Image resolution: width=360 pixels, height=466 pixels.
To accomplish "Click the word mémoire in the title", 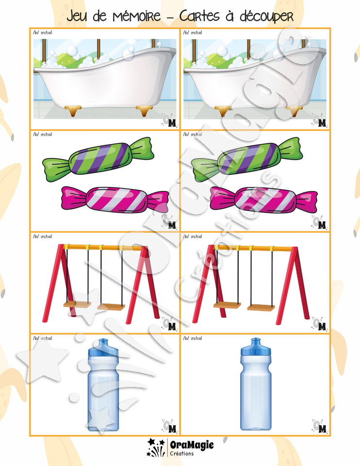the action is [x=136, y=16].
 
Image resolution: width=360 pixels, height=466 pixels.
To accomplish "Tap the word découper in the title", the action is [x=266, y=17].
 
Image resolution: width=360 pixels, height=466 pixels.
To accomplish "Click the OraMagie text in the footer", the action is [x=192, y=445].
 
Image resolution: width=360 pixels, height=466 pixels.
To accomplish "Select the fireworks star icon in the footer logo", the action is [x=156, y=447].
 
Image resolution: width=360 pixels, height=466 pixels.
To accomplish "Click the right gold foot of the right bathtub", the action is [x=295, y=111].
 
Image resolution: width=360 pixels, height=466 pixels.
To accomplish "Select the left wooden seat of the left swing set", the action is [x=76, y=305].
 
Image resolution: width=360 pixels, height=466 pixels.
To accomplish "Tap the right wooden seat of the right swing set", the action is [x=261, y=308].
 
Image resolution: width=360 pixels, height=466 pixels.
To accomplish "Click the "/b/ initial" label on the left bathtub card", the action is [x=43, y=33].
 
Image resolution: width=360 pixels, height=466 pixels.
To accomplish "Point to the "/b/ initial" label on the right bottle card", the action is [x=193, y=338].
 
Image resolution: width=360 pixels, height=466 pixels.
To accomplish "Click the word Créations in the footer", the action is [x=182, y=453].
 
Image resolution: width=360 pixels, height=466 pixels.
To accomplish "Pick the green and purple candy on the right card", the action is [x=247, y=159].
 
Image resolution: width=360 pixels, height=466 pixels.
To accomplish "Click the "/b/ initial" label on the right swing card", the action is [x=193, y=236].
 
